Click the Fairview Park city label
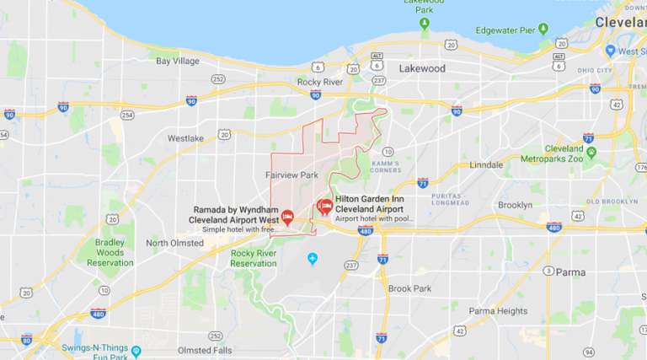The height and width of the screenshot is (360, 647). click(291, 175)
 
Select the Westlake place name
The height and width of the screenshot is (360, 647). click(185, 137)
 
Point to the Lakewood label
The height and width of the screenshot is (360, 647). click(421, 67)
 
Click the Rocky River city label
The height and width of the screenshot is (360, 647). click(321, 82)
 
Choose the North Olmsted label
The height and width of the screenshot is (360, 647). click(174, 243)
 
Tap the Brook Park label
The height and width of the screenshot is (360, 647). click(409, 288)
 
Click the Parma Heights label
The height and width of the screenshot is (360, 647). click(497, 310)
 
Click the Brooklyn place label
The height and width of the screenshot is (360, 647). click(515, 205)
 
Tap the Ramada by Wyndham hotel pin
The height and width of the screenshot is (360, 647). click(286, 218)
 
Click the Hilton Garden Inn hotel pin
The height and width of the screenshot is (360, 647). click(323, 206)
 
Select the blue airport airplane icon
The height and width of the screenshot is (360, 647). click(313, 258)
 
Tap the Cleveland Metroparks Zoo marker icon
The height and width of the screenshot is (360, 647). click(591, 153)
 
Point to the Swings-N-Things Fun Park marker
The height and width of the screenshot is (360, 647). click(136, 349)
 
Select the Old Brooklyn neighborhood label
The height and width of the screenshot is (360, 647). click(612, 201)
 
